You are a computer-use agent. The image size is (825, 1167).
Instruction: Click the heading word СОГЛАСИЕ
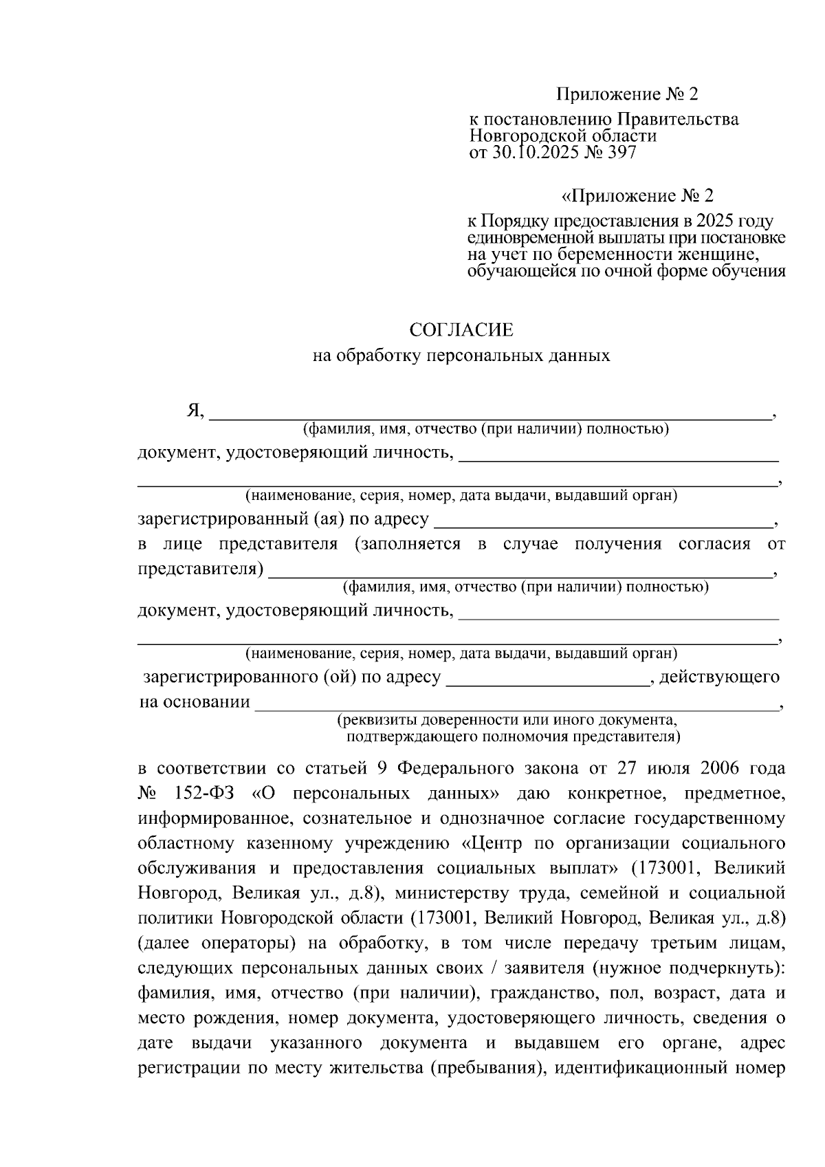(x=461, y=330)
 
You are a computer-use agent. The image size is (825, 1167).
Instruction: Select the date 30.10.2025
(x=535, y=153)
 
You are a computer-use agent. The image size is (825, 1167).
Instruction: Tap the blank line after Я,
(x=489, y=415)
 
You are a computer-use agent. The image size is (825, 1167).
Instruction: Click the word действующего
(x=719, y=677)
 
